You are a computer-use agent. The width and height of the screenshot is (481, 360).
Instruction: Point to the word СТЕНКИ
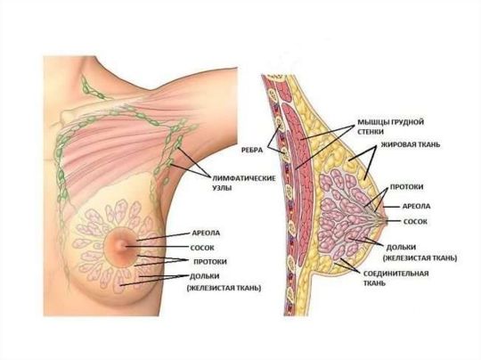(371, 132)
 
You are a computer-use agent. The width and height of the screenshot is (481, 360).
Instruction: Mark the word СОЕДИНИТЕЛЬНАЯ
(395, 274)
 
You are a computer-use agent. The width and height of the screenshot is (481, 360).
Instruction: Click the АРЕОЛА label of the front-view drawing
(206, 233)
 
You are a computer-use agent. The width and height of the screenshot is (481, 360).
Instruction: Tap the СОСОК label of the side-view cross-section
(415, 222)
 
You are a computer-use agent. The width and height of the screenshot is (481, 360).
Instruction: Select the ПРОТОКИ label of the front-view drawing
(210, 262)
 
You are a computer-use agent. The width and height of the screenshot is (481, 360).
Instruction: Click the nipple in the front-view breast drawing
(122, 246)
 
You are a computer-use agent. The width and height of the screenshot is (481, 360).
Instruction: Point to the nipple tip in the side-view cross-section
(387, 221)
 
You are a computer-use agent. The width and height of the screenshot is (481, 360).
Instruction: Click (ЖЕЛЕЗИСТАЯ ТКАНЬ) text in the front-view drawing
(224, 288)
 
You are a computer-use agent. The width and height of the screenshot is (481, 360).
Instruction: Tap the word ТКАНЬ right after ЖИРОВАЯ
(428, 144)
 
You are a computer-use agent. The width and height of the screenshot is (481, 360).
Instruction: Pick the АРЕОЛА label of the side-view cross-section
(416, 206)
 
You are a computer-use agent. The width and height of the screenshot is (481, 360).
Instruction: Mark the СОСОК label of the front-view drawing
(202, 248)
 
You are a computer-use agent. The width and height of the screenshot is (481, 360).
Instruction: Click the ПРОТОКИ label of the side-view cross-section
(406, 187)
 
